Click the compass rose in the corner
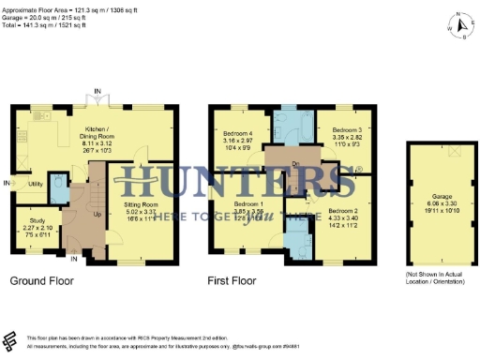click(x=457, y=28)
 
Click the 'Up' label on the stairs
click(x=97, y=215)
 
